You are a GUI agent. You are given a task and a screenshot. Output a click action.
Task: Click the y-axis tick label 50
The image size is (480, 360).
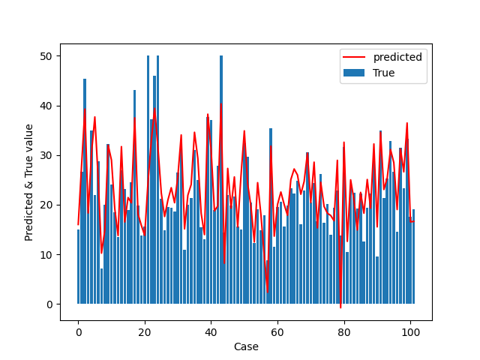46,56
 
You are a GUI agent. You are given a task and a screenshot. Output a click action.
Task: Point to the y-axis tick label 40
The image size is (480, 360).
46,106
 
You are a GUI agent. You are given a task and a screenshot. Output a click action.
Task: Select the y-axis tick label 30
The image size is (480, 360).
46,155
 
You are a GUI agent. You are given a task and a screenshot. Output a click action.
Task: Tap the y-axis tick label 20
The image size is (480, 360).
46,205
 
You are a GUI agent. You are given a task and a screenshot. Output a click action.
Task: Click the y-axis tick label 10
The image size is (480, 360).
46,255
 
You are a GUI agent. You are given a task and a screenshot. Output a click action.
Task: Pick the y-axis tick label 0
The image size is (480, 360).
49,304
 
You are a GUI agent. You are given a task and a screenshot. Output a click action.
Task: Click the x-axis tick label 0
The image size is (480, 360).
78,332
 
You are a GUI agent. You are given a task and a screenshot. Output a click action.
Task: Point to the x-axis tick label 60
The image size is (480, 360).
277,332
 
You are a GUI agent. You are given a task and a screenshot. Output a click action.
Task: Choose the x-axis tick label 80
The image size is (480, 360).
343,332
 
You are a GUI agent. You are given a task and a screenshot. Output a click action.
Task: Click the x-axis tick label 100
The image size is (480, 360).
410,332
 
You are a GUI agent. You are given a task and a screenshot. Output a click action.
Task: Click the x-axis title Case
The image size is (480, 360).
246,346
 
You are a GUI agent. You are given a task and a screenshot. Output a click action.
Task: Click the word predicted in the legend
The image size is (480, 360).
397,57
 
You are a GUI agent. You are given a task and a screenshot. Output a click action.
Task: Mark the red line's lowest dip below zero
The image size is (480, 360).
340,307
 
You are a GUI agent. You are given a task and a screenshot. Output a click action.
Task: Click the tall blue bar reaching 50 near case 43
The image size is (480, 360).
221,180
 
